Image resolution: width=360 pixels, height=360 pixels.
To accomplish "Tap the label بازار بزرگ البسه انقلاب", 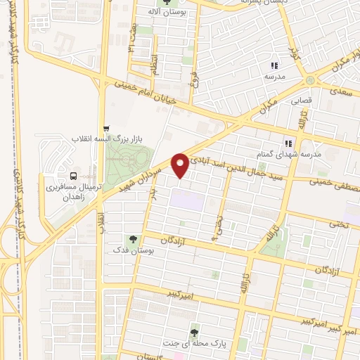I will (x=134, y=140).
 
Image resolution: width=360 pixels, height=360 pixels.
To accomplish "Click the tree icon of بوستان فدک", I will (x=132, y=238).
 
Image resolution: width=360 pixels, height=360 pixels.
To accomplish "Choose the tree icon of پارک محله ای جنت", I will (x=195, y=330).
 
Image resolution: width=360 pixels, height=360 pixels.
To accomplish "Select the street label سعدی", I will (x=342, y=91).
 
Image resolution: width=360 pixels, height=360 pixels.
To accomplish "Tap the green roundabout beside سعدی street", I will (x=310, y=79).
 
